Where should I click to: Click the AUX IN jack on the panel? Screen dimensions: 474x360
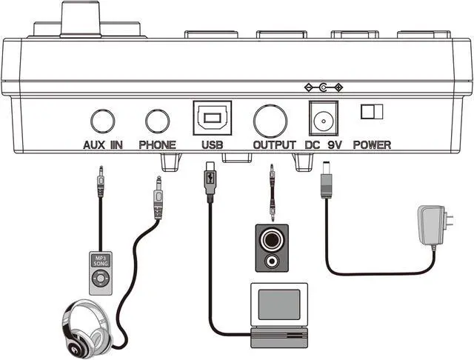pos(103,121)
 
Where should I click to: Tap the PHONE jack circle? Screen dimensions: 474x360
pos(157,121)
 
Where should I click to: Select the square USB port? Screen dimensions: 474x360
pos(213,118)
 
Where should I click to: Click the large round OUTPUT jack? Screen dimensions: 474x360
pos(270,121)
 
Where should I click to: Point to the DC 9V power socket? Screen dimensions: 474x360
pos(324,119)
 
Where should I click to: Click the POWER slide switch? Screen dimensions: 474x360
pos(372,111)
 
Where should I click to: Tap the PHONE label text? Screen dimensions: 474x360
pos(157,145)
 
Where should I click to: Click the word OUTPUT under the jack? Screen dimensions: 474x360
pos(274,145)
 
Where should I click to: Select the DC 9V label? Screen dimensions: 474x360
pos(323,145)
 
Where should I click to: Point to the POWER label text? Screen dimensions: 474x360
pos(372,145)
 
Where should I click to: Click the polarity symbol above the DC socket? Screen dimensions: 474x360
pos(324,87)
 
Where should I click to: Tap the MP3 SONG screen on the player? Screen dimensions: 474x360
pos(101,261)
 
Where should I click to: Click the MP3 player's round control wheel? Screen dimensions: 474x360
pos(101,279)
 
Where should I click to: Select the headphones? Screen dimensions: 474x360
pos(86,330)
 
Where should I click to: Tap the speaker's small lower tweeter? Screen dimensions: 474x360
pos(272,261)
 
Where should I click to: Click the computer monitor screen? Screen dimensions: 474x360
pos(279,304)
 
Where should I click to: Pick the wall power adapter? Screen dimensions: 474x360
pos(433,225)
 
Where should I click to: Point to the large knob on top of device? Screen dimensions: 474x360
pos(81,19)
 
